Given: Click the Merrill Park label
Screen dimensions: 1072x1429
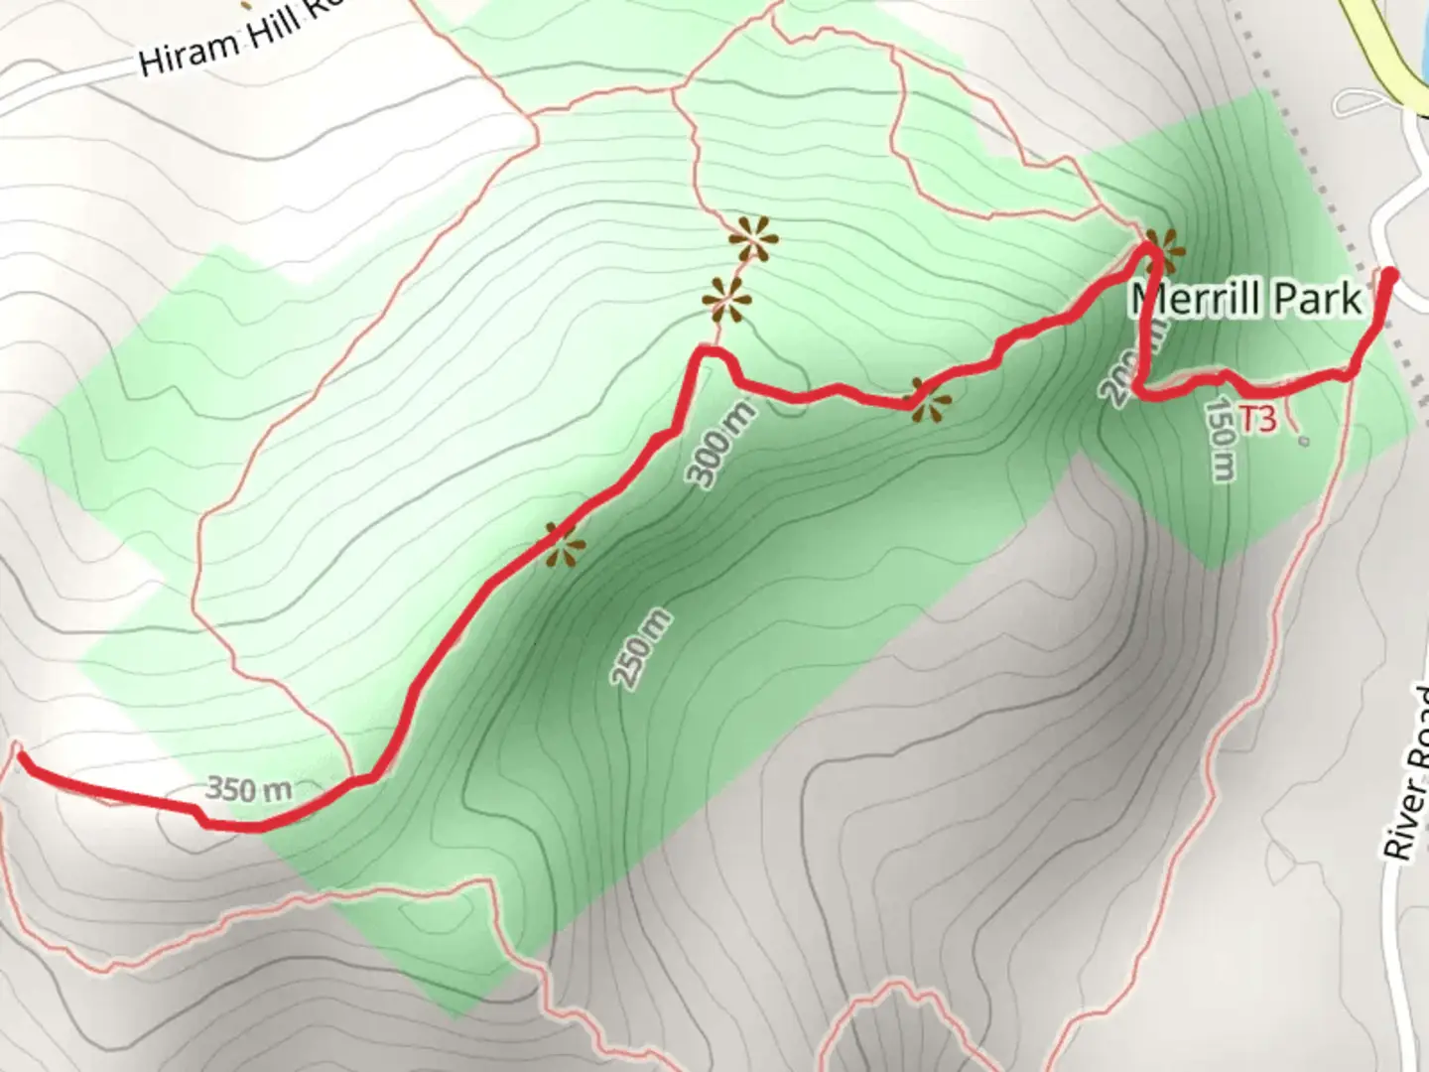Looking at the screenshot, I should pyautogui.click(x=1245, y=298).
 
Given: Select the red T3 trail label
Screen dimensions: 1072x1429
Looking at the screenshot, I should pyautogui.click(x=1257, y=418).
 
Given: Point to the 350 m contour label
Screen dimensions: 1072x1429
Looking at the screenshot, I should pyautogui.click(x=249, y=789).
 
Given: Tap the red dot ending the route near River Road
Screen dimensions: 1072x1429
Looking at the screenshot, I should pyautogui.click(x=1390, y=275).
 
